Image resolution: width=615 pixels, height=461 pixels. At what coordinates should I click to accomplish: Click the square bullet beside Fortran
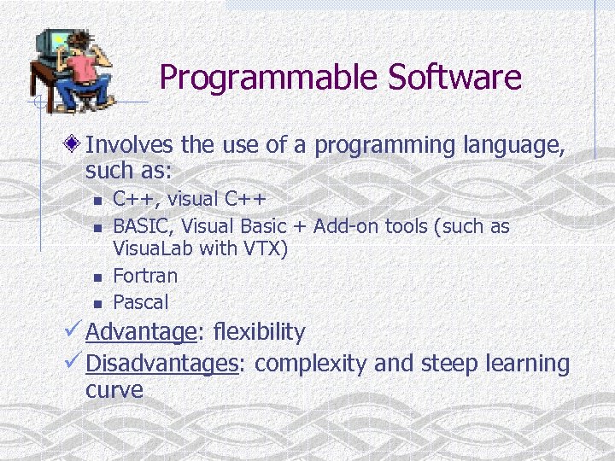(98, 277)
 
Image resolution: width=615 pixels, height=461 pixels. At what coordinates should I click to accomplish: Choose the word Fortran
(145, 276)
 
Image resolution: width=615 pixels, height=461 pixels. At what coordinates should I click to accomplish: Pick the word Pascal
(141, 302)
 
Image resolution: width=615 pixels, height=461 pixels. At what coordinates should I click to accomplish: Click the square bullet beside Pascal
(98, 304)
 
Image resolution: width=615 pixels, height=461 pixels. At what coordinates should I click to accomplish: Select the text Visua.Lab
(154, 249)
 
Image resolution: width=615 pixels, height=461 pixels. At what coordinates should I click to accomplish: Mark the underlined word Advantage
(141, 332)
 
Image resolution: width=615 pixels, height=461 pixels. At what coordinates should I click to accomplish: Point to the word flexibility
(259, 331)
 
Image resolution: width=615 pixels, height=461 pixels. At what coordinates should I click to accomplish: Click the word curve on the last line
(114, 390)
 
